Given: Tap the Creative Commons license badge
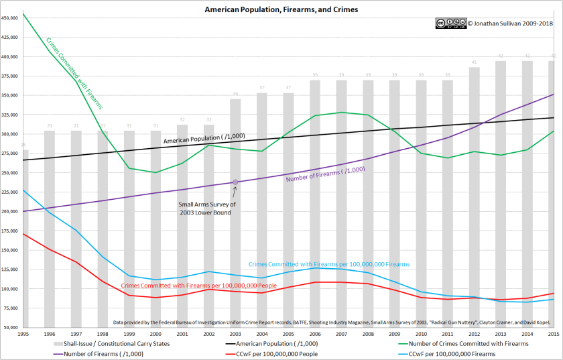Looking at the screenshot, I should (x=450, y=23).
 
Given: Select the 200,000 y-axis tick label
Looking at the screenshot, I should (x=9, y=211).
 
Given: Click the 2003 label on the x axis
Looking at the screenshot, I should (x=235, y=333).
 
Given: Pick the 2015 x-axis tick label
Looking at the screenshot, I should (x=553, y=333).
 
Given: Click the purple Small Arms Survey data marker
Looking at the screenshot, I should (x=235, y=182).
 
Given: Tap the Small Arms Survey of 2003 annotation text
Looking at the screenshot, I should (x=206, y=208).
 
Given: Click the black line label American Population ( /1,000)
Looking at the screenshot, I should (x=204, y=136).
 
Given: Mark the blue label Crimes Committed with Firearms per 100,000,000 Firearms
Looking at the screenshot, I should (x=328, y=265).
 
